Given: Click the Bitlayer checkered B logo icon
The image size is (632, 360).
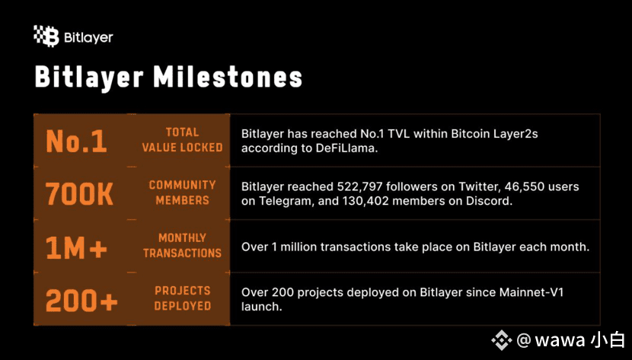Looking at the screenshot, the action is pos(46,37).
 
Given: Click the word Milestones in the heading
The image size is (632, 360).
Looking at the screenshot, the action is pos(228,77).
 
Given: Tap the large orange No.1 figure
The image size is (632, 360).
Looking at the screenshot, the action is pos(77,141).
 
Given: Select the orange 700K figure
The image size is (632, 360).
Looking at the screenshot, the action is pos(79,193).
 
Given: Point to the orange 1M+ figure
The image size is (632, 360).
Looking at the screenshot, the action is pos(76,247).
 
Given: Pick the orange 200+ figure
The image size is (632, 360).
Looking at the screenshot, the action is pos(81,300).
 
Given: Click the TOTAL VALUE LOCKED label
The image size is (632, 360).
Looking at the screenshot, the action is pos(182,140).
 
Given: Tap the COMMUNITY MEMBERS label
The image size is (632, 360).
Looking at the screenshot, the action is pos(182,193).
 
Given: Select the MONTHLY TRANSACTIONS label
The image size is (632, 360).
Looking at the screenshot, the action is pos(182,245).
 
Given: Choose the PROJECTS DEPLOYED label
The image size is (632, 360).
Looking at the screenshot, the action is pos(183,298).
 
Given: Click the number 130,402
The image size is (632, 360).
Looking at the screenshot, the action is pos(365,201).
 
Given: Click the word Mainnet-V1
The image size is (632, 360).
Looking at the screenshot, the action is pos(531,292).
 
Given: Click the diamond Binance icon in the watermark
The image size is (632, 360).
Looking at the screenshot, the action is pos(501,340).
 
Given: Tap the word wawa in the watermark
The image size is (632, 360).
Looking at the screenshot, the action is pos(560,341).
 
